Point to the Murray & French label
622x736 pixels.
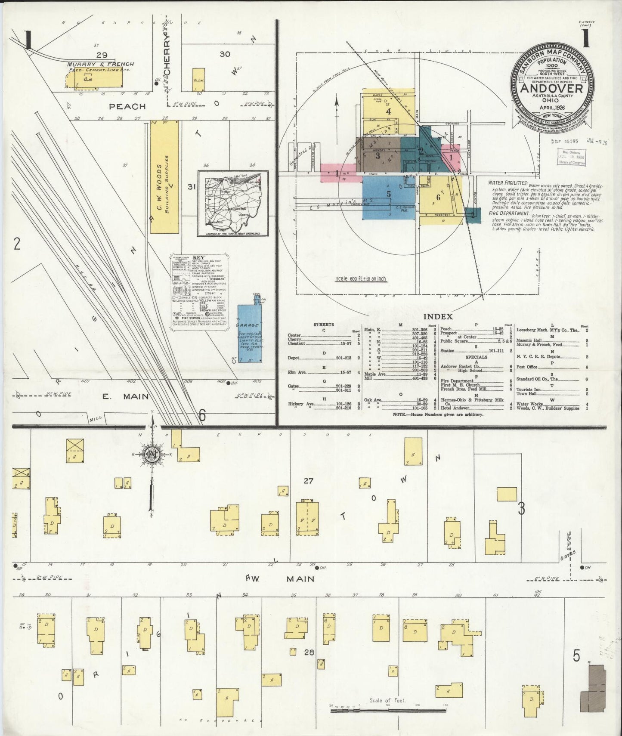100,64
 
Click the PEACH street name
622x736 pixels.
127,106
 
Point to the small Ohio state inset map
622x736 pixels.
233,203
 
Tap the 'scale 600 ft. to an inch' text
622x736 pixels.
362,279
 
